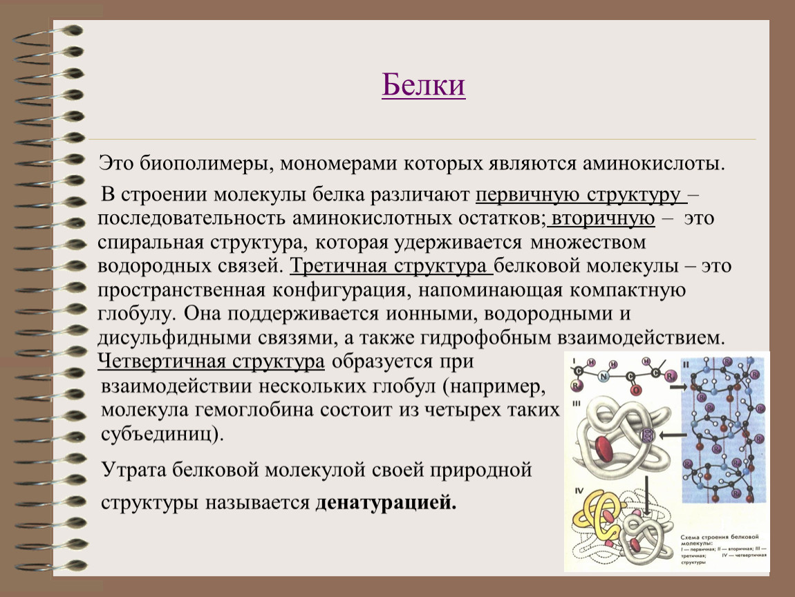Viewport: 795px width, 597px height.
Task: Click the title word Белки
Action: [423, 86]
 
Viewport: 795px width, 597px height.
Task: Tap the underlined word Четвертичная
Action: [162, 362]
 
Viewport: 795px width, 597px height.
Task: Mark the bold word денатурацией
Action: [386, 503]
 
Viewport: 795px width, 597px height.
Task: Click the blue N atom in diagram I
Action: [604, 376]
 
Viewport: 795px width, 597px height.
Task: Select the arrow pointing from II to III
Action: [667, 435]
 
